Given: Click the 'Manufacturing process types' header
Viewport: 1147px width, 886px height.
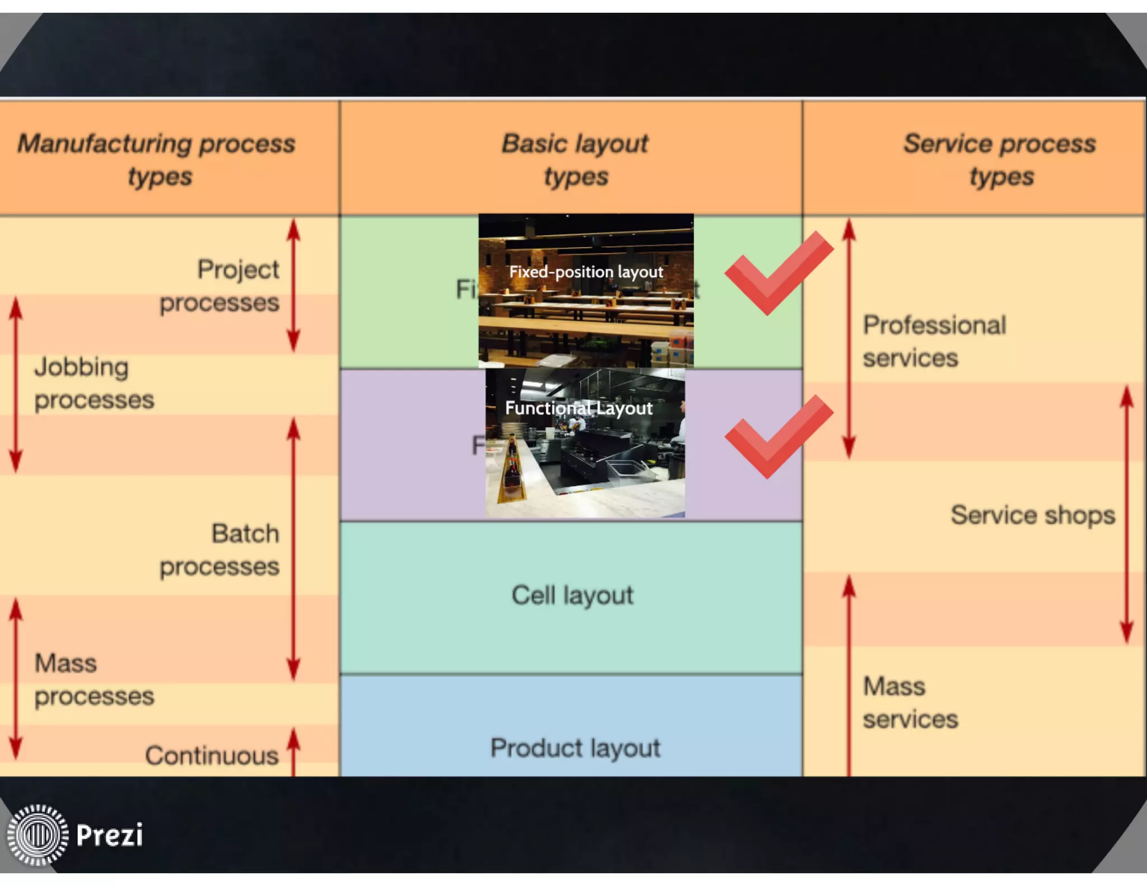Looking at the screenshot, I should point(157,159).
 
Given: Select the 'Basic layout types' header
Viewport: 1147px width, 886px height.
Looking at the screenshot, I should point(575,159).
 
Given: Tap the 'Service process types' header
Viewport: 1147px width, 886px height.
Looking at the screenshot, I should point(1000,159).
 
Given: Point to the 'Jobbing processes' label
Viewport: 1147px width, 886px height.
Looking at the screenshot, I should point(94,383).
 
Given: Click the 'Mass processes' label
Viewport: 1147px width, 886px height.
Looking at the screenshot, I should point(94,679).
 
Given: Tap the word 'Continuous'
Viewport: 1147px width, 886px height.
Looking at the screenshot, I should point(212,755).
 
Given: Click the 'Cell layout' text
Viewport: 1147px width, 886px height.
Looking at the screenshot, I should point(572,595).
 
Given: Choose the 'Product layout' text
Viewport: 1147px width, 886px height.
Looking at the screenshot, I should point(575,748).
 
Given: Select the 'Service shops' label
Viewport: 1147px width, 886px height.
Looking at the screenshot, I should point(1033,514).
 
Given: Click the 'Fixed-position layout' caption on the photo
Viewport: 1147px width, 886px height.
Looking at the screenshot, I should point(586,272).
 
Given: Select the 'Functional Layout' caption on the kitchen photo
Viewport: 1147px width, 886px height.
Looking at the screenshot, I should point(579,408).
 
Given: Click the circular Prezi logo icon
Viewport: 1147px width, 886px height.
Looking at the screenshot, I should point(38,834).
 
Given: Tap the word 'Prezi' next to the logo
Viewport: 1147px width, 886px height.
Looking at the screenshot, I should point(110,835).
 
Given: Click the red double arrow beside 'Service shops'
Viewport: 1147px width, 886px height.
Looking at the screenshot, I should point(1127,514).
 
